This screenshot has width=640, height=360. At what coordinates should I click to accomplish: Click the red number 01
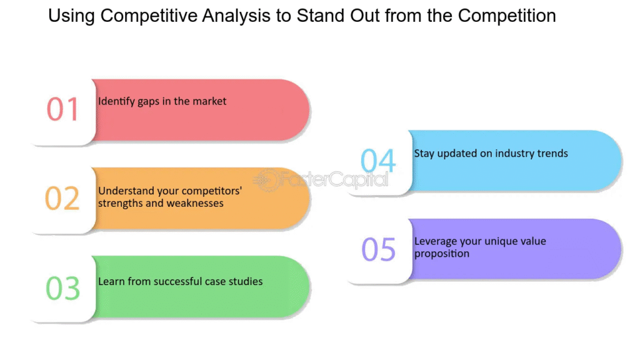[62, 109]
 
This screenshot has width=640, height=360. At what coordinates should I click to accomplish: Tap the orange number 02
[62, 198]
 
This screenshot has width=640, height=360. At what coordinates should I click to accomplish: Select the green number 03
[63, 288]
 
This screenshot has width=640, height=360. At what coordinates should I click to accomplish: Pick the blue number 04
[378, 161]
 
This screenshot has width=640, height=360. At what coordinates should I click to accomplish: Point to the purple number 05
[379, 249]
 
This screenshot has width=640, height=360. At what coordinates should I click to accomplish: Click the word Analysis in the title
[236, 16]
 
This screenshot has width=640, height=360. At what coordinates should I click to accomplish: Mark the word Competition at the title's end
[507, 16]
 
